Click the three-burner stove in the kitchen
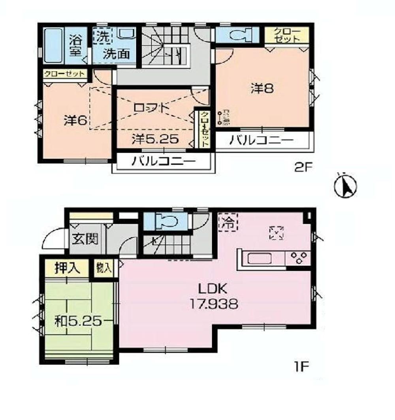pos(298,258)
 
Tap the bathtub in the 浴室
pos(53,45)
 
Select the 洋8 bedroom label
pos(262,88)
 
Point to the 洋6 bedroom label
pos(75,120)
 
